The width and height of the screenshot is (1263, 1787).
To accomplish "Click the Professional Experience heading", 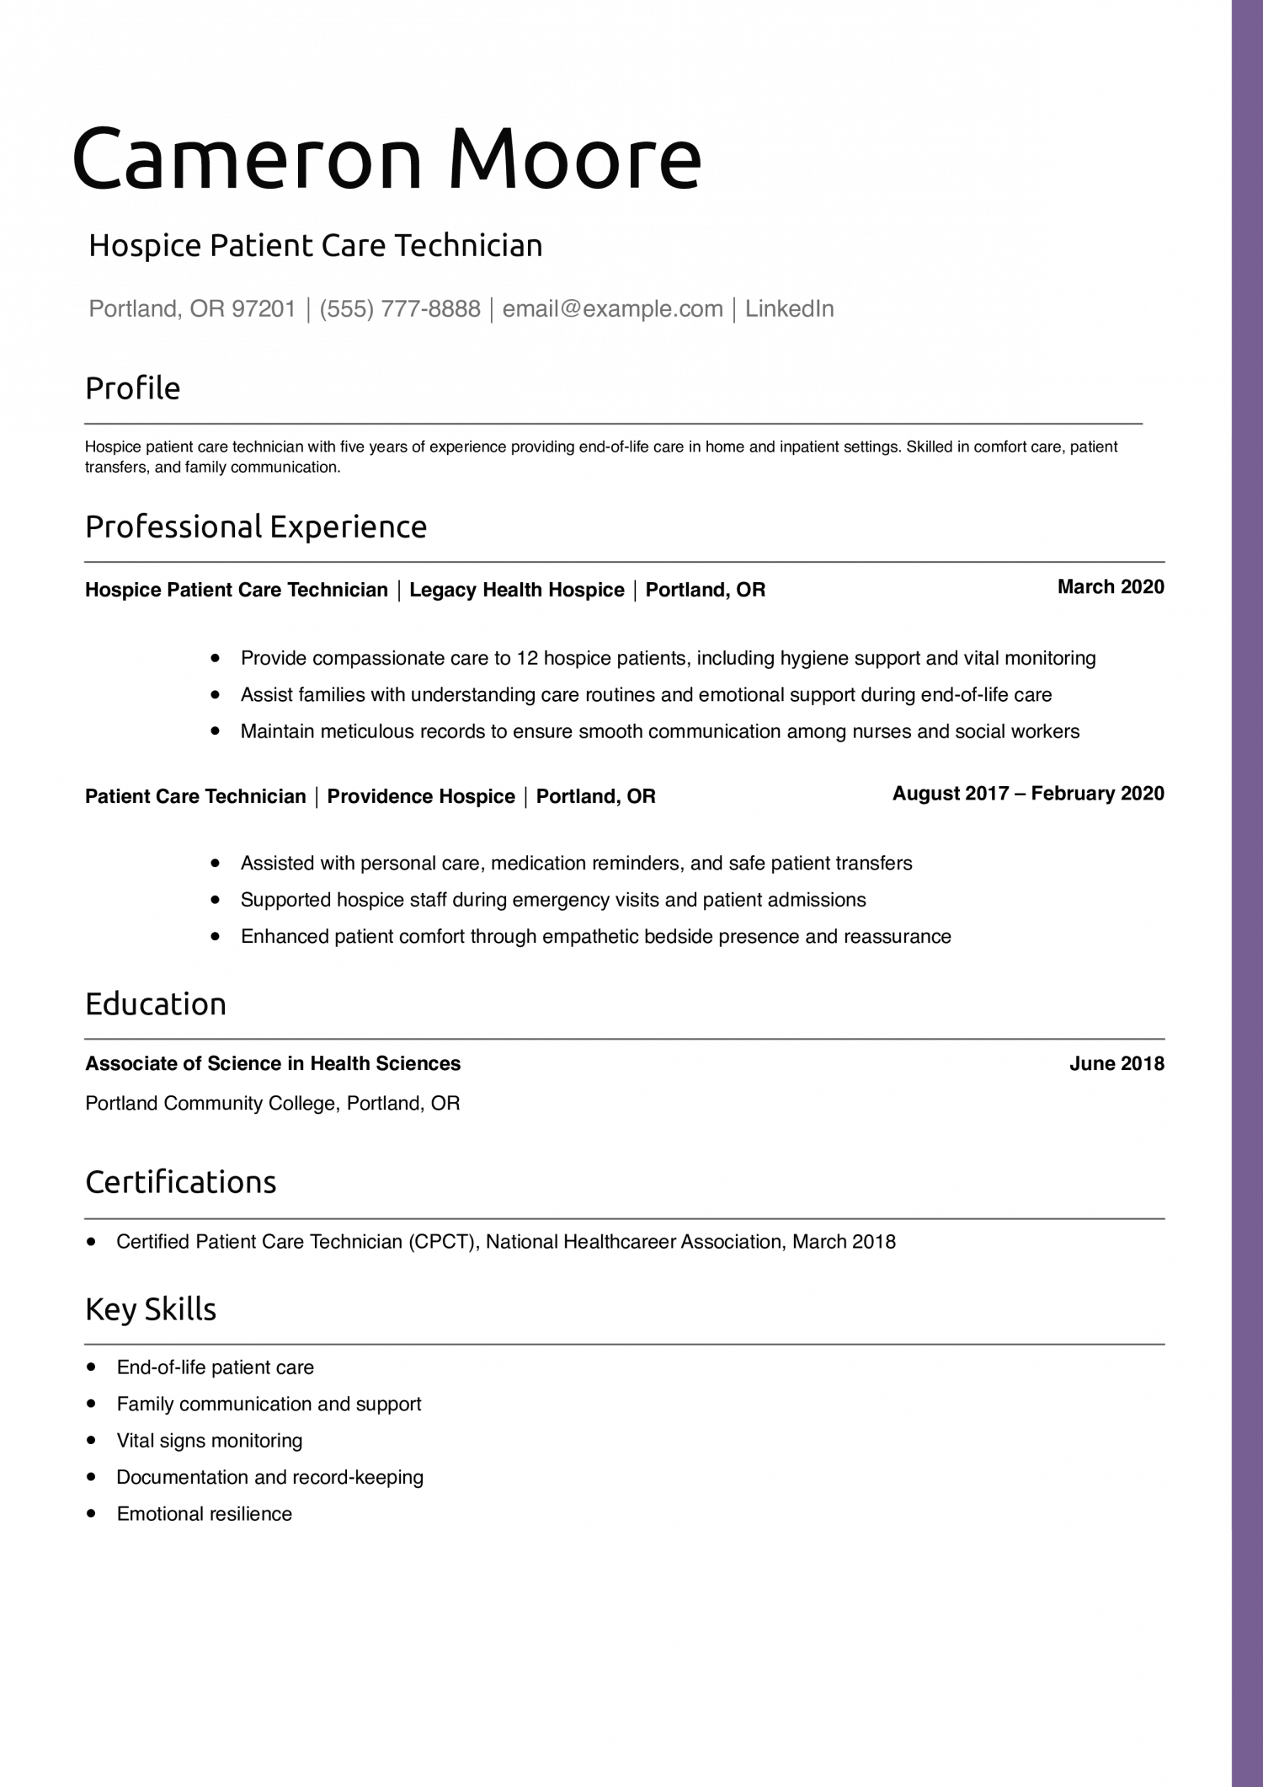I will pos(256,527).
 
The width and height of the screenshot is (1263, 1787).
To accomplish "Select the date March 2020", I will pos(1110,587).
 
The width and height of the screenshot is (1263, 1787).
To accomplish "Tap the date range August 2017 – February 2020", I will pos(1027,794).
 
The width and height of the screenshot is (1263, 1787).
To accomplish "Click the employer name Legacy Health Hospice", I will pos(516,590).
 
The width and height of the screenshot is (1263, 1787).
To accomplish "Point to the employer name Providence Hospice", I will pos(421,797).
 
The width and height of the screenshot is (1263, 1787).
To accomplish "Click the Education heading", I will pos(156,1004).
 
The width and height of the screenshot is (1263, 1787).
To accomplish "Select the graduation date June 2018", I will pos(1116,1064).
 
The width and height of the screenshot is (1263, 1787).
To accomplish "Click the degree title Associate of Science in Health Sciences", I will pos(273,1064).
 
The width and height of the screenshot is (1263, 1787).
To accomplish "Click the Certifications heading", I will pos(180,1183).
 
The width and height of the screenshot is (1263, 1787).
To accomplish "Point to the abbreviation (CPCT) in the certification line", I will pos(441,1242).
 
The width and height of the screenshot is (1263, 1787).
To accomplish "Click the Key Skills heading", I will pos(151,1309).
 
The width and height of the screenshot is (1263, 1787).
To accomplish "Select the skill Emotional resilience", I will pos(205,1514).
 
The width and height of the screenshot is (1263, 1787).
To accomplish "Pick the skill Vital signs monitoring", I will pos(210,1441).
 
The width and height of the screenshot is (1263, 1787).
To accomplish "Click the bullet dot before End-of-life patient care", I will pos(91,1367).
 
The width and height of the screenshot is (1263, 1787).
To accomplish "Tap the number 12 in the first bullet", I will pos(527,658).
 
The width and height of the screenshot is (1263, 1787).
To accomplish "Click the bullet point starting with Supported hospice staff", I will pos(553,900).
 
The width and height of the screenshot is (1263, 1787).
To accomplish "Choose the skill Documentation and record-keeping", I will pos(269,1477).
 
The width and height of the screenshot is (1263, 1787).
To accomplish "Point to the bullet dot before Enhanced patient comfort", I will pos(216,936).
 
